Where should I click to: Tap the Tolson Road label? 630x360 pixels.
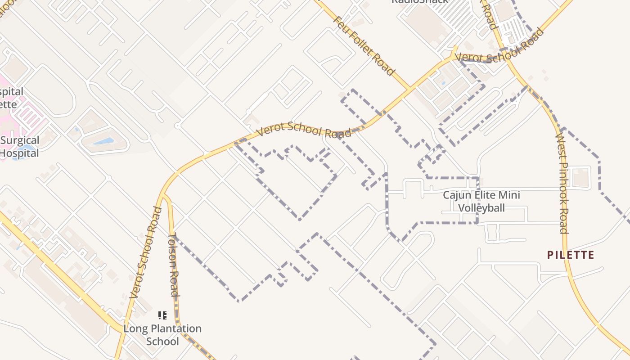[174, 265]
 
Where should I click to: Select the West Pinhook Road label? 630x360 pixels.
[562, 183]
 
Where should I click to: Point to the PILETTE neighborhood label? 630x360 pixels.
[571, 255]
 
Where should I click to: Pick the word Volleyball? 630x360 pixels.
[481, 208]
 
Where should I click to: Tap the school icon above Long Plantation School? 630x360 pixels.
[162, 315]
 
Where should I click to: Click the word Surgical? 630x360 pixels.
[20, 140]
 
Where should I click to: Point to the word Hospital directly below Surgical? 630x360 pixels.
[19, 153]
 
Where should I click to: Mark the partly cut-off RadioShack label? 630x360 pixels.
[419, 1]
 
